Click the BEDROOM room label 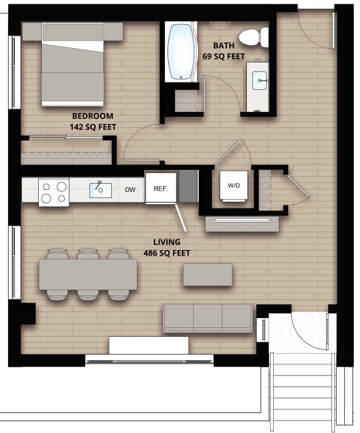click(92, 116)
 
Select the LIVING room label click(166, 242)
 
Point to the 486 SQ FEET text click(166, 253)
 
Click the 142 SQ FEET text click(92, 127)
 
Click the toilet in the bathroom click(252, 37)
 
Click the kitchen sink click(100, 189)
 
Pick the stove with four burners click(53, 192)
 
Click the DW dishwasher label click(130, 189)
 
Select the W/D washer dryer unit click(234, 186)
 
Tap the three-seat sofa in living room click(208, 318)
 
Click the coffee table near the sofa click(207, 275)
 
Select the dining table click(87, 274)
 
